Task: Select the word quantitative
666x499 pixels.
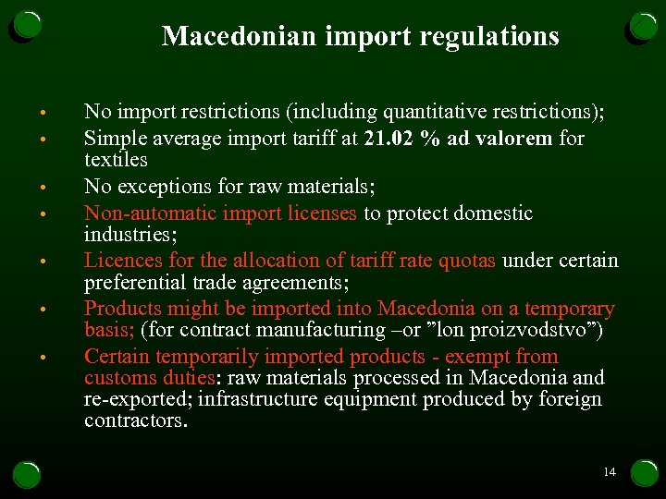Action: (x=446, y=113)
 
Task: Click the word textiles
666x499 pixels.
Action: (x=116, y=160)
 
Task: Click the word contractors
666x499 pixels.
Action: (x=134, y=420)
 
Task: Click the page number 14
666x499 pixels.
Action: (x=609, y=472)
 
